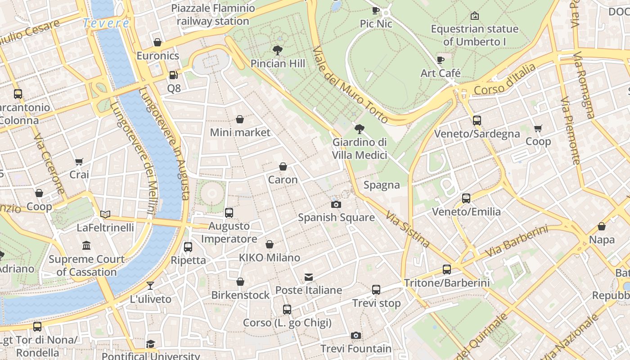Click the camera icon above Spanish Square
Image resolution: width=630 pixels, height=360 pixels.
click(x=336, y=205)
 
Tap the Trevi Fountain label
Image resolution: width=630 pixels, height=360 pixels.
click(x=356, y=349)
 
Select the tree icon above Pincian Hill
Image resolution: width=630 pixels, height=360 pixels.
click(x=278, y=50)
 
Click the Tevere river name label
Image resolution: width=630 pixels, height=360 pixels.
click(x=106, y=23)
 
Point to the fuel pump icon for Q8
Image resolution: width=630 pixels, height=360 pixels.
click(x=174, y=75)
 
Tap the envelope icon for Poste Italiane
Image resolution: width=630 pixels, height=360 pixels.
click(x=309, y=277)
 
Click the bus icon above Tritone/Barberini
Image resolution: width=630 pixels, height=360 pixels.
click(x=446, y=270)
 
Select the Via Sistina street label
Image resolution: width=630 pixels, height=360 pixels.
click(x=408, y=229)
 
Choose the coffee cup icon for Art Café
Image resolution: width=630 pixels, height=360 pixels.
click(x=441, y=60)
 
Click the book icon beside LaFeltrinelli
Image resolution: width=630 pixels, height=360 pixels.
click(x=105, y=215)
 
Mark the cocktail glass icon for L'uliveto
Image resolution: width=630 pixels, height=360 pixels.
click(x=150, y=286)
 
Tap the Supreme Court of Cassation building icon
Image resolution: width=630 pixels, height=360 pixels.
click(x=86, y=246)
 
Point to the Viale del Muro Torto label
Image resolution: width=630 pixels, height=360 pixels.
click(x=350, y=85)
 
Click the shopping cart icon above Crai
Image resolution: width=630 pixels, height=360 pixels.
click(x=79, y=162)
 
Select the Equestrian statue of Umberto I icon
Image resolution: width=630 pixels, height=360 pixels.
click(x=474, y=16)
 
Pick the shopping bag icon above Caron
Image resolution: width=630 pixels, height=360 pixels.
click(x=283, y=167)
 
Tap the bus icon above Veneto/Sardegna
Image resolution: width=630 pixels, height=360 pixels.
click(x=477, y=121)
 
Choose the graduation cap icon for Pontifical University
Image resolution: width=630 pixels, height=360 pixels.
click(x=150, y=344)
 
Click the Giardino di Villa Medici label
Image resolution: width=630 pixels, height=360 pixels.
click(x=359, y=148)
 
